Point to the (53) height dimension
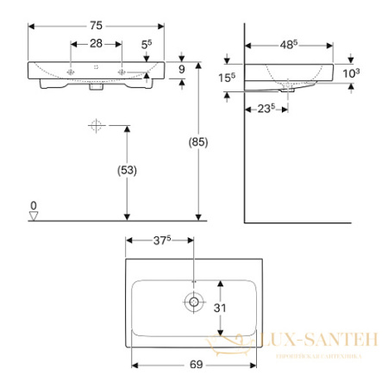pos(126,171)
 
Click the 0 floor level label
pos(34,206)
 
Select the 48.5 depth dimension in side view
pos(288,44)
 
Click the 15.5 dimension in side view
pos(226,78)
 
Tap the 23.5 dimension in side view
pos(264,109)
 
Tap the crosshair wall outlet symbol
pos(96,127)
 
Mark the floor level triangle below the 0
pos(34,216)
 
